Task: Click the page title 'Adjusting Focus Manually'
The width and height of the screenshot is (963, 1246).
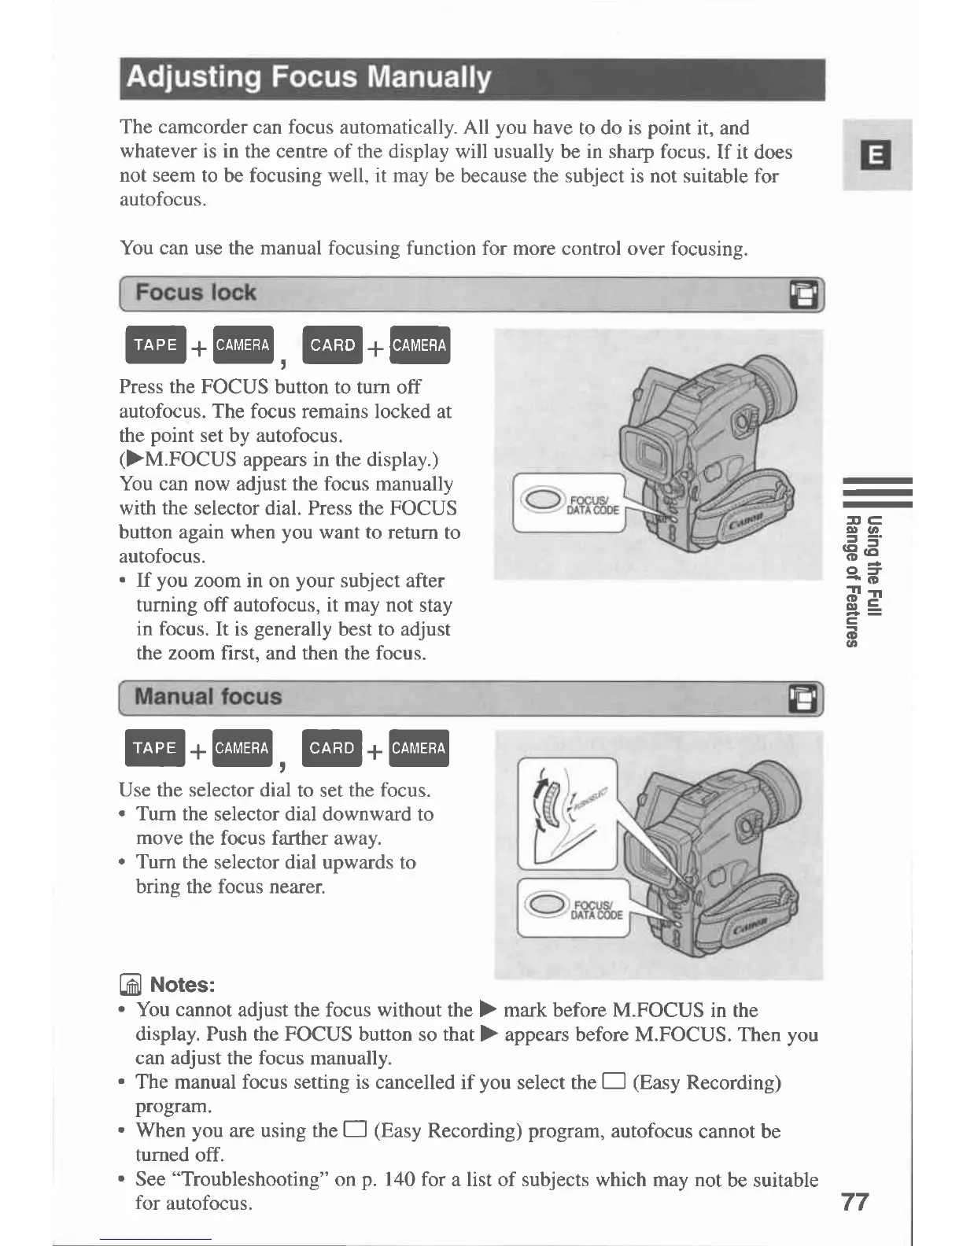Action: [308, 78]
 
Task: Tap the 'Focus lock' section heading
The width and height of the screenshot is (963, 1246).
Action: [195, 293]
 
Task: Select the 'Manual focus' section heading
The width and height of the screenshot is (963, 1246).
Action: [208, 697]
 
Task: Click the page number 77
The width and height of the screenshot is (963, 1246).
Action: [854, 1202]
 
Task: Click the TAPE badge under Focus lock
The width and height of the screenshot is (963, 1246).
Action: [155, 345]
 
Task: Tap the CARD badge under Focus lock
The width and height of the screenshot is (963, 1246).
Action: [332, 345]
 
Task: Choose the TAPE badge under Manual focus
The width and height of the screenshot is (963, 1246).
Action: [155, 748]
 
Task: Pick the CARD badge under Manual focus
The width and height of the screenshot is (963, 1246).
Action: [332, 748]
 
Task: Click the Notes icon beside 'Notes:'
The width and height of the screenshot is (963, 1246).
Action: [131, 985]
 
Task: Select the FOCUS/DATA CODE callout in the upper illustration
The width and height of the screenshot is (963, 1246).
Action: [568, 503]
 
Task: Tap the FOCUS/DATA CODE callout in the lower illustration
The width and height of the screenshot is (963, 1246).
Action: [573, 909]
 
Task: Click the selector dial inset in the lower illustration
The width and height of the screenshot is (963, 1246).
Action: [566, 813]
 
